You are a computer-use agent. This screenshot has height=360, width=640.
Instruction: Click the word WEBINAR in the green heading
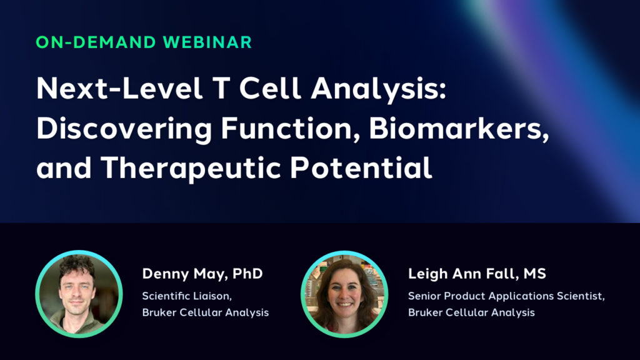207,42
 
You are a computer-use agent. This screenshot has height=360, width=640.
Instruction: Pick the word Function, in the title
291,129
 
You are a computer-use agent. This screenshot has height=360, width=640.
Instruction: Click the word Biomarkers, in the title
459,129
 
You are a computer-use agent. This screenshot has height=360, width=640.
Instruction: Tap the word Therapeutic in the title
191,169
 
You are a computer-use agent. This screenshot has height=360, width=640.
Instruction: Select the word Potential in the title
361,167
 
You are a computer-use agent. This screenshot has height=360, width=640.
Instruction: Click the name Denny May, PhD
202,274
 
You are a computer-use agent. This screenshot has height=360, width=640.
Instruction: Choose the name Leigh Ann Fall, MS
477,274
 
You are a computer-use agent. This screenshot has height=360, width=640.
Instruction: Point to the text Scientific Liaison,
187,296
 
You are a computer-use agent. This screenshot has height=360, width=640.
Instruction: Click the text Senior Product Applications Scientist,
506,296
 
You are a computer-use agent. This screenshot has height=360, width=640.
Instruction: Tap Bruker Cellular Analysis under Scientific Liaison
205,312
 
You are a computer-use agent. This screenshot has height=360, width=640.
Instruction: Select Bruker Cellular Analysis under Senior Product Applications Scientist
471,312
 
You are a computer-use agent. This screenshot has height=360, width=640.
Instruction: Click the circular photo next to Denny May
79,294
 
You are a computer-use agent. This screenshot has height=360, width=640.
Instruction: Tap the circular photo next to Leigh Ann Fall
344,294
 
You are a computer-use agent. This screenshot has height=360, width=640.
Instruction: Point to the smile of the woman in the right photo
345,304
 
